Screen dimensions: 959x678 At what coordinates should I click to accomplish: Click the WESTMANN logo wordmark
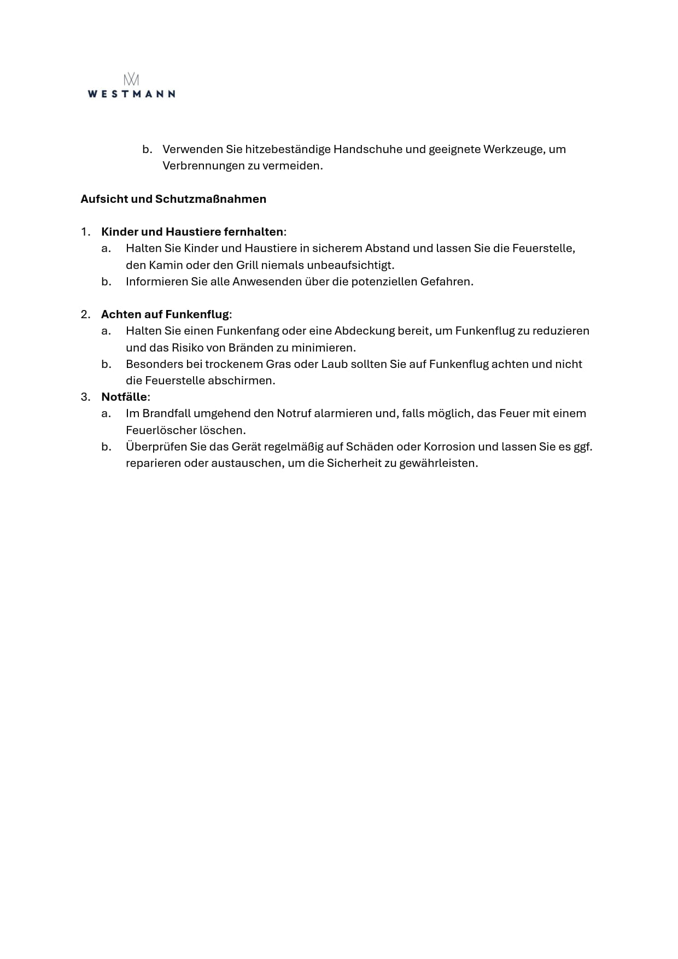(x=131, y=93)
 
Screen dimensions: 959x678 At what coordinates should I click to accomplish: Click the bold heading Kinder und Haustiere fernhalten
(x=192, y=232)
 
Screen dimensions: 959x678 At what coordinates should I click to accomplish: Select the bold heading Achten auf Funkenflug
(x=165, y=314)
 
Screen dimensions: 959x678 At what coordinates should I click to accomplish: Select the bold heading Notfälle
(x=124, y=397)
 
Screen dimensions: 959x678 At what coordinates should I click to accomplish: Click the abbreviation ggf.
(x=583, y=447)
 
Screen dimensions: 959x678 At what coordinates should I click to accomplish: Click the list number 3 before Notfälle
(x=85, y=397)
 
